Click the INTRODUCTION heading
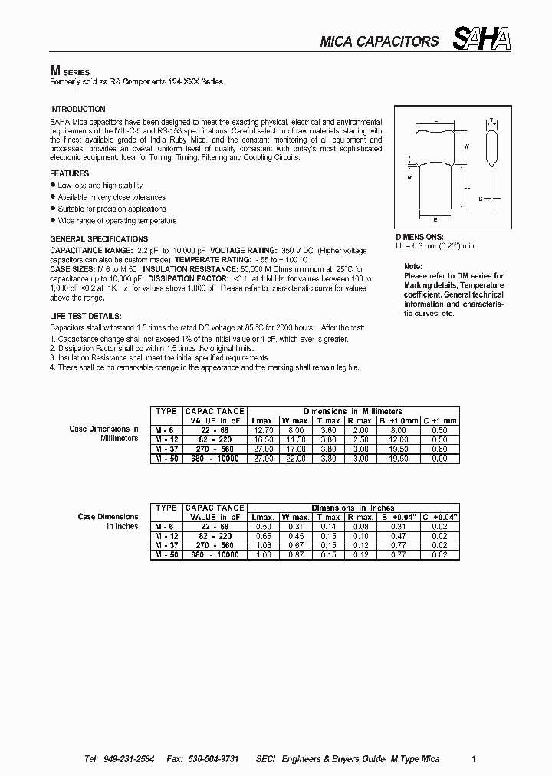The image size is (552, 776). (77, 110)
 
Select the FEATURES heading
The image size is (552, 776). (70, 174)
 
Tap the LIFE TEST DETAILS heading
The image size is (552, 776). (84, 317)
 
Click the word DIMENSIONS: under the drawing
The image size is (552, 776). (419, 238)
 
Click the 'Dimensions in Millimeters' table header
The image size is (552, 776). (353, 412)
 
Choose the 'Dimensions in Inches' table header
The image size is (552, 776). (353, 508)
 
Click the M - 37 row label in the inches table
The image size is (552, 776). (164, 545)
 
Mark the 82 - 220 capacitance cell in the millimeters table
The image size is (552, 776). (215, 439)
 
